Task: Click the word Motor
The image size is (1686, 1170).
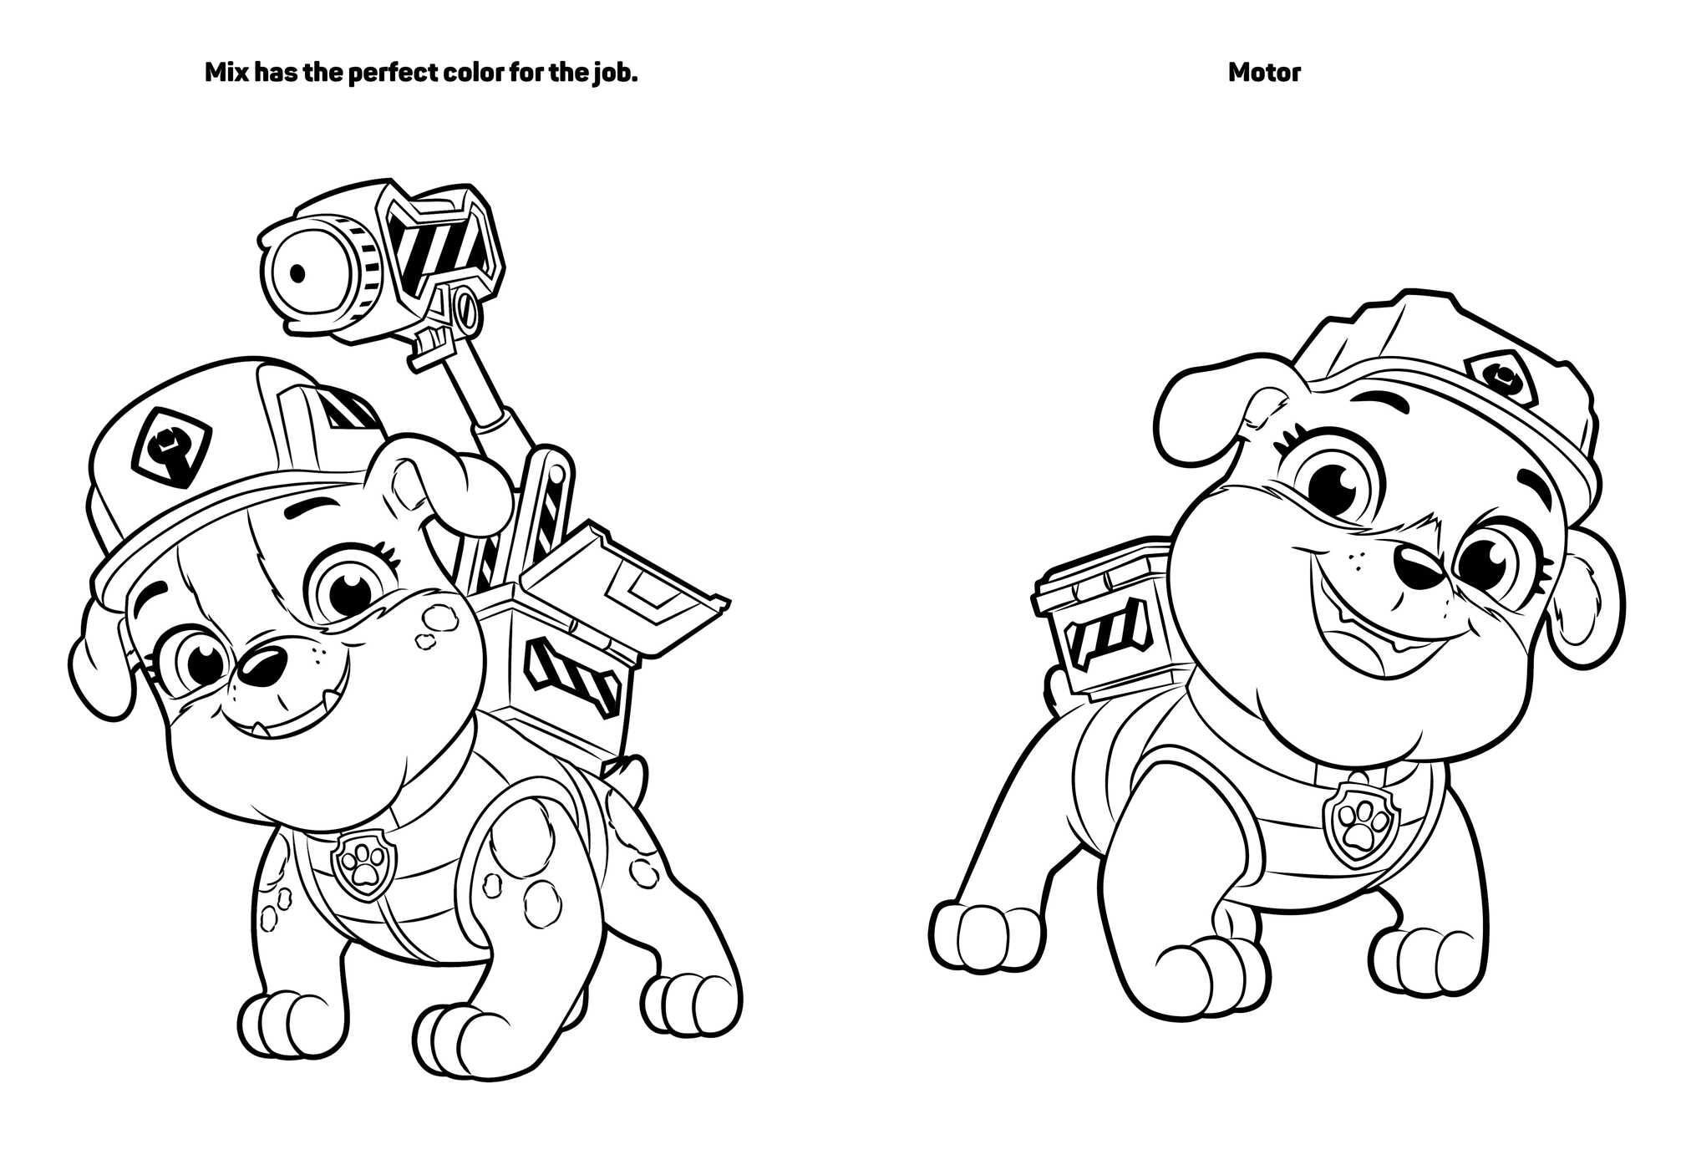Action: [x=1263, y=73]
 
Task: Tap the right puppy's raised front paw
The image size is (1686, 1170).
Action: [x=977, y=936]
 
